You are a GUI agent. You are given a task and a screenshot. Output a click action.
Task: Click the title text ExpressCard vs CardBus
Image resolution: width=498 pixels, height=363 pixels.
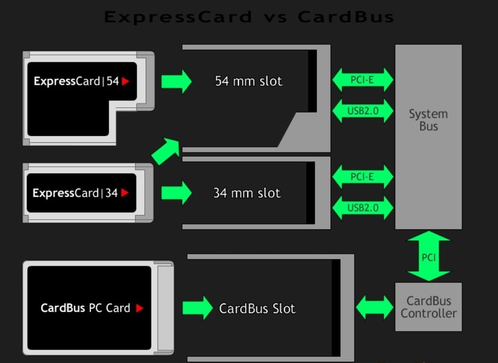[249, 17]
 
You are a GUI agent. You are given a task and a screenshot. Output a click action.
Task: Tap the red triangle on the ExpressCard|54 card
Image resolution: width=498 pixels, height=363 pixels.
[125, 81]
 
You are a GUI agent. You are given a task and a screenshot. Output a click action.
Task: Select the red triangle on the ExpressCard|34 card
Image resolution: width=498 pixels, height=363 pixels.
[125, 193]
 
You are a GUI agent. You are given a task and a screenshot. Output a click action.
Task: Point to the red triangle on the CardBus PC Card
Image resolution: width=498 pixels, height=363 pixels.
[139, 308]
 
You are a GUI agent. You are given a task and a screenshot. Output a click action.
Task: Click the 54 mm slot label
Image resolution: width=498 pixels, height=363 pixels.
[249, 81]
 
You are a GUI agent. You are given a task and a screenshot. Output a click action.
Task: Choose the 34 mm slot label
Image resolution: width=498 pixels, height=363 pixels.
[247, 193]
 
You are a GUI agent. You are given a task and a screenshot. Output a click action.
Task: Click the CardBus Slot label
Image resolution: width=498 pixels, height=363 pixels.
[257, 309]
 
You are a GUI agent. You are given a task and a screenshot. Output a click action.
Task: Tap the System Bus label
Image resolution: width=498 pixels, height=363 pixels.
[428, 120]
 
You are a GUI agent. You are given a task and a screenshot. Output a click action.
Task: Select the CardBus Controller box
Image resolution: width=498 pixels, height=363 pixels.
[428, 307]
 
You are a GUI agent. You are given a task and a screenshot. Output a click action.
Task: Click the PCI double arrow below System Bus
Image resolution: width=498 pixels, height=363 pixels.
[428, 257]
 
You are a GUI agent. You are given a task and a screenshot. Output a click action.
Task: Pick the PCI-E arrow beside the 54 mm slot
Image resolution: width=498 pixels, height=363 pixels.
[362, 80]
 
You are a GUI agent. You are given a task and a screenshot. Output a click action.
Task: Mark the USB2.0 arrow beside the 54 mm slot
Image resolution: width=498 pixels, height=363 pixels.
[362, 111]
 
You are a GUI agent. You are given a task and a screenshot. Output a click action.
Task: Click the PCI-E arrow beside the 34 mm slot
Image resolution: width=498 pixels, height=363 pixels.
[362, 177]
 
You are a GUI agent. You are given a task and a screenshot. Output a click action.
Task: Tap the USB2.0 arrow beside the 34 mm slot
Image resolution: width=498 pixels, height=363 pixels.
[362, 208]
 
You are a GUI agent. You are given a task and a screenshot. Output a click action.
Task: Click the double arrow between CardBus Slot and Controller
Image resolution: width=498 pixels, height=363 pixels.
[374, 307]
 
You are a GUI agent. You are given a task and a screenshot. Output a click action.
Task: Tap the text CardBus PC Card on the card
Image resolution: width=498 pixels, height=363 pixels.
[86, 308]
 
